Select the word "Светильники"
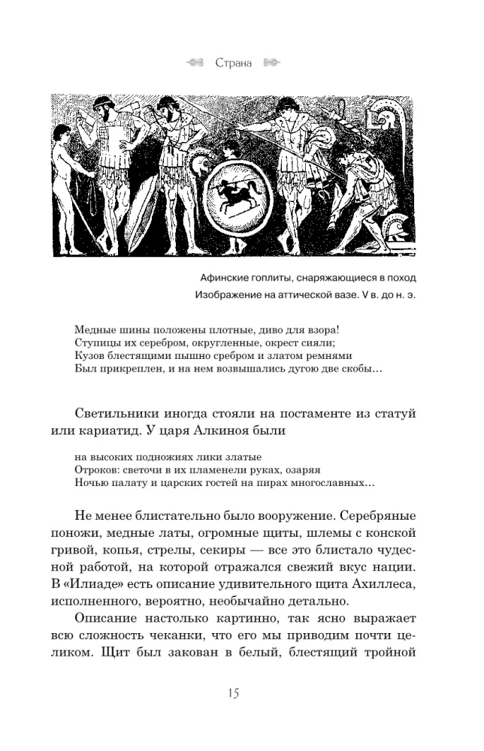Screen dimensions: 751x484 tap(121, 415)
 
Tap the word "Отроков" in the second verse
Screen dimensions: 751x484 tap(95, 469)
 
